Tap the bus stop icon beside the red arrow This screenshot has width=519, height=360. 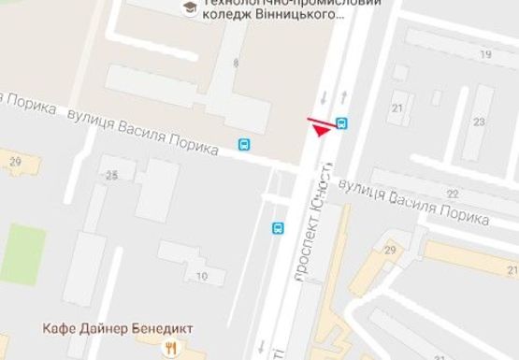(342, 123)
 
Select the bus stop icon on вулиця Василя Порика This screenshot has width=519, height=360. (244, 145)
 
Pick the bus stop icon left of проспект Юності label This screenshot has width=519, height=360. (278, 228)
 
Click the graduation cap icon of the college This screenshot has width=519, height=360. (190, 8)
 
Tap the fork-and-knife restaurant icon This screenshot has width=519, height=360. (170, 348)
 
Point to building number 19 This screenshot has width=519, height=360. (485, 55)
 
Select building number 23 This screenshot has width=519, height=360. (479, 122)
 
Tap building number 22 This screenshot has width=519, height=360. (453, 193)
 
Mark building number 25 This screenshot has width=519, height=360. (113, 175)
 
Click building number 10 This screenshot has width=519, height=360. (202, 275)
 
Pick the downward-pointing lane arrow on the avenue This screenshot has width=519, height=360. (323, 96)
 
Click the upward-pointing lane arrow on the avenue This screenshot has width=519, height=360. (345, 96)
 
